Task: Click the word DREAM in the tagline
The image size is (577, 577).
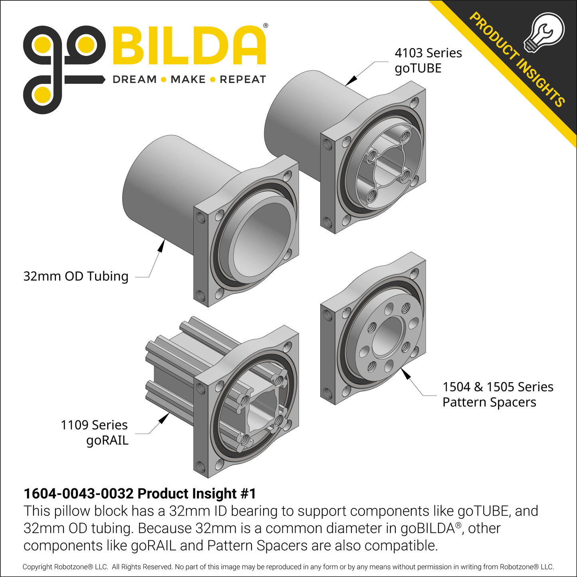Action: [135, 79]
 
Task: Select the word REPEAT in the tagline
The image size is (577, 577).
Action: [243, 79]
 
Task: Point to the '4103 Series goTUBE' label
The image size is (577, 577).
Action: [428, 60]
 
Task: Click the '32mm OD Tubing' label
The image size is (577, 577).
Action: [76, 276]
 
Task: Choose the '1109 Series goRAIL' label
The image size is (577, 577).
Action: [94, 432]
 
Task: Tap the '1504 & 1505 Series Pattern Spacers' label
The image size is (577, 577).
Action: [498, 395]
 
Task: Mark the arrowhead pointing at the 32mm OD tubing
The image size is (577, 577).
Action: [161, 246]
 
